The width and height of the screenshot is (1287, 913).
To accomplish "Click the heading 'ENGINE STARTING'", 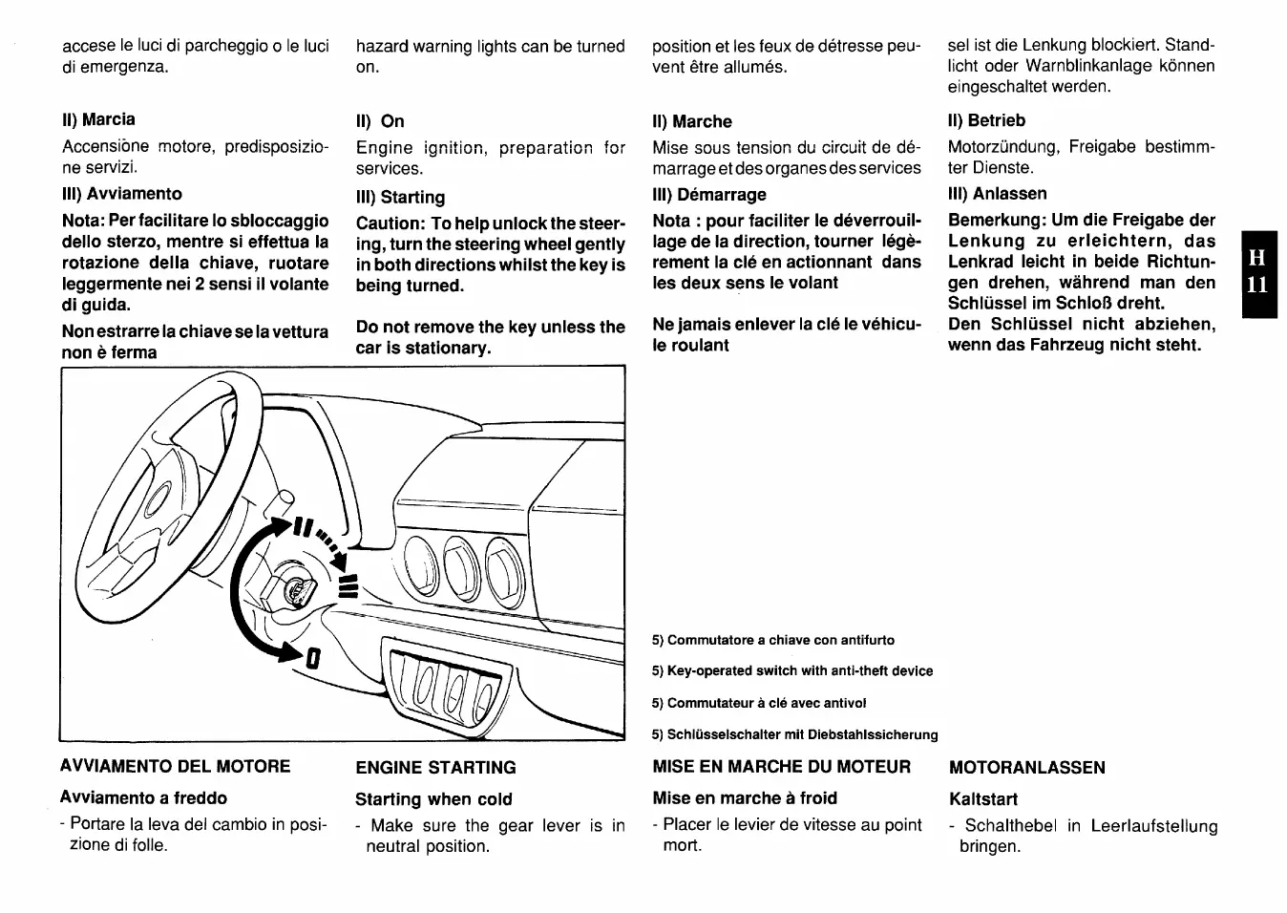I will (x=435, y=768).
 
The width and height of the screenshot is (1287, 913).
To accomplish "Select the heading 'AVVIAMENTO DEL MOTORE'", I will (x=175, y=766).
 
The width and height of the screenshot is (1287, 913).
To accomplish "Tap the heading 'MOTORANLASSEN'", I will (x=1027, y=768).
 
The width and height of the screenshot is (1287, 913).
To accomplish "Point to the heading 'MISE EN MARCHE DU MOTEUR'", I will (x=782, y=767).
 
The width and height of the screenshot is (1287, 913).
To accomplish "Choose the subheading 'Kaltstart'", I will (x=983, y=799).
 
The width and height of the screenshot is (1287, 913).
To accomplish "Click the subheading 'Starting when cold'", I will (x=433, y=799).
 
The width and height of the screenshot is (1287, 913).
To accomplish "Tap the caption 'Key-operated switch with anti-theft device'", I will (x=792, y=671).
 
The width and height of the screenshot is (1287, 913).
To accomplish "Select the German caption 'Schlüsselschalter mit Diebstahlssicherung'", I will (x=795, y=734).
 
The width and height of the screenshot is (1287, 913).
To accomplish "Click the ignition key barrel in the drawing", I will (x=296, y=591).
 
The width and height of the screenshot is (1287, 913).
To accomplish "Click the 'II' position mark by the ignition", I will (x=304, y=528).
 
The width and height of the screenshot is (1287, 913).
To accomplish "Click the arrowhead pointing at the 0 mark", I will (x=289, y=653).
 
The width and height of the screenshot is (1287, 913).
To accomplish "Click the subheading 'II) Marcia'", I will (x=98, y=119).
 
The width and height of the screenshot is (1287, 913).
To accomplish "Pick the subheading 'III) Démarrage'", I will (x=709, y=195).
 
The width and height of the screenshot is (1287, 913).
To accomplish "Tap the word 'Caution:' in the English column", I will (x=390, y=223).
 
